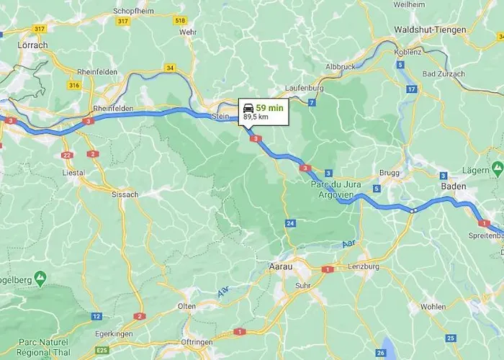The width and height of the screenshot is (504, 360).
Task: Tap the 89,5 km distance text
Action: click(256, 117)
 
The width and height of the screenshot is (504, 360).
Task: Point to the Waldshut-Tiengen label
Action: click(430, 30)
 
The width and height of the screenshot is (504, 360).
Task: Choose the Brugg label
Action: click(390, 174)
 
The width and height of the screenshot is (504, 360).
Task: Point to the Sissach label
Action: click(125, 194)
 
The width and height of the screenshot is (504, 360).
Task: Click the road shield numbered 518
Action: click(180, 20)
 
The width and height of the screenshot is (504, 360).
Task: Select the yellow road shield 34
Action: click(170, 68)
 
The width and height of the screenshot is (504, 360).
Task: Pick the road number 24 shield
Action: click(290, 224)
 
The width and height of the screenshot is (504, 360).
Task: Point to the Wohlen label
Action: click(433, 306)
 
